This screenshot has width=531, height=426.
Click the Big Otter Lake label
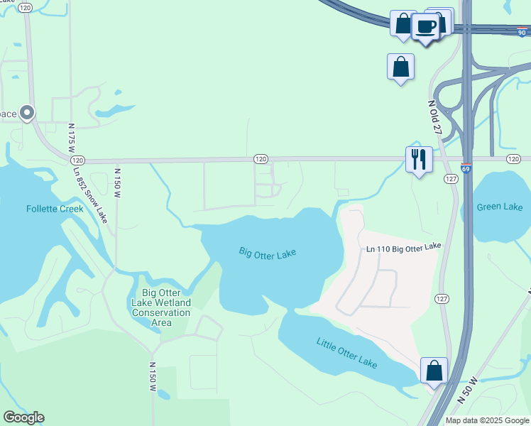point(267,252)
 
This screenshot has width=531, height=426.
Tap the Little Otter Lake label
point(347,352)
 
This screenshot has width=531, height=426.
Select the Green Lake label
point(500,207)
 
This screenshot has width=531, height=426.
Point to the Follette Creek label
point(55,209)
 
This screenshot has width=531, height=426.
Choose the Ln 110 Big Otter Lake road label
point(404,246)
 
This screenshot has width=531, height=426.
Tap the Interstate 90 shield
point(522,32)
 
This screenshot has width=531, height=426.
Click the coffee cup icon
point(426,27)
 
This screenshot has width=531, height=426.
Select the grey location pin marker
point(27,112)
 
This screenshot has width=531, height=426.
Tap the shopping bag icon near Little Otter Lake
point(434,371)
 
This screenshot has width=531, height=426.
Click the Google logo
point(23,417)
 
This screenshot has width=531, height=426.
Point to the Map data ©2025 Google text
point(488,420)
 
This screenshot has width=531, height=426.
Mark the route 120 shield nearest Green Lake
point(513,158)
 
